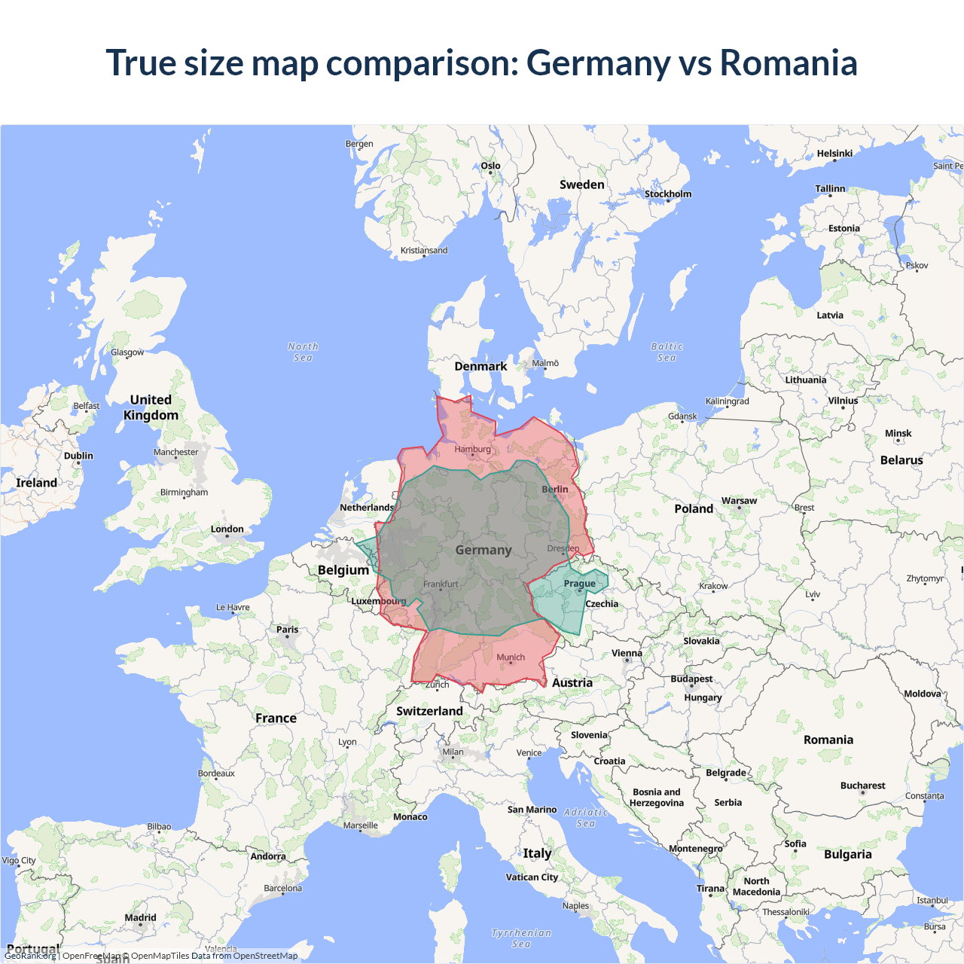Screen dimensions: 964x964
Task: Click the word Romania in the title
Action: click(789, 63)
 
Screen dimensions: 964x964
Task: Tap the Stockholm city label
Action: click(667, 194)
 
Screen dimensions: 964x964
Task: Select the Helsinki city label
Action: click(834, 153)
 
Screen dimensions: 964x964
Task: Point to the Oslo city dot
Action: click(490, 173)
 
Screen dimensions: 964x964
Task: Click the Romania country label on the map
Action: click(828, 740)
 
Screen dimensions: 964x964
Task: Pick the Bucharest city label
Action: click(862, 786)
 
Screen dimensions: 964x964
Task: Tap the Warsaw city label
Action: click(739, 500)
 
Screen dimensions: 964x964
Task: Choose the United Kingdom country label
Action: click(151, 407)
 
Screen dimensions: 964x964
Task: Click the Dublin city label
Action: click(78, 456)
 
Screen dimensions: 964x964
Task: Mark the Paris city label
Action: click(287, 629)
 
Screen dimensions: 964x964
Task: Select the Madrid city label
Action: click(140, 917)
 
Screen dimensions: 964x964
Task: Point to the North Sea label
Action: click(303, 352)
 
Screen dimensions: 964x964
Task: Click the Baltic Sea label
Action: click(667, 352)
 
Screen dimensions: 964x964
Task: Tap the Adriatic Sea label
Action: click(585, 817)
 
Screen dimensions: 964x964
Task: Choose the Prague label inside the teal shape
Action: click(579, 584)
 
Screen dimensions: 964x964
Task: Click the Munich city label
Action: click(510, 657)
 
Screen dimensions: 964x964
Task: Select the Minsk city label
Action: click(898, 433)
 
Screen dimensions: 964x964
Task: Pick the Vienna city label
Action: click(627, 653)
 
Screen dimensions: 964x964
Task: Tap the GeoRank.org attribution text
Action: click(30, 956)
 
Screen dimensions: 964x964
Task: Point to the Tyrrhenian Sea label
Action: click(521, 938)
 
